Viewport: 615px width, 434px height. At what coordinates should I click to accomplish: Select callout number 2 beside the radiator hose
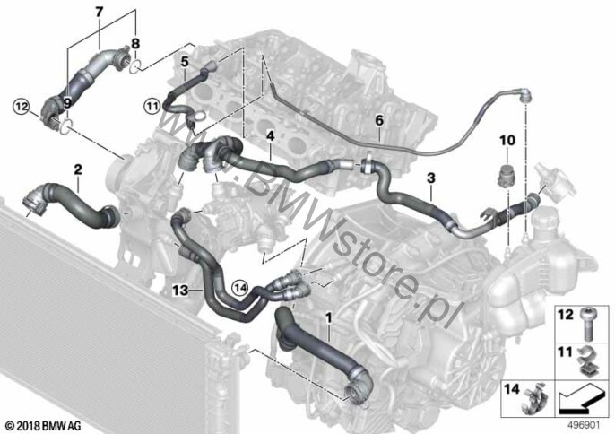pyautogui.click(x=79, y=169)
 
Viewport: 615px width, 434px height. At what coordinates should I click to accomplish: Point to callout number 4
pyautogui.click(x=269, y=135)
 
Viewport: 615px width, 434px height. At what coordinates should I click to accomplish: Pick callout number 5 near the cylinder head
pyautogui.click(x=184, y=62)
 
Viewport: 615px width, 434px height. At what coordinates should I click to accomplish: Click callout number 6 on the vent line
pyautogui.click(x=378, y=119)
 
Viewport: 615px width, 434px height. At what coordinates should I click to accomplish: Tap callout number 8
pyautogui.click(x=136, y=42)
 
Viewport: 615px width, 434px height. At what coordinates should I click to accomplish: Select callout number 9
pyautogui.click(x=66, y=104)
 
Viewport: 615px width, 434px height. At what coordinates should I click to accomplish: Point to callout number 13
pyautogui.click(x=182, y=290)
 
